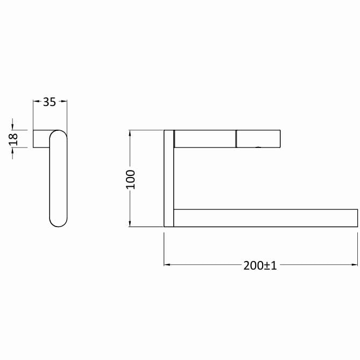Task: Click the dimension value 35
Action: point(50,102)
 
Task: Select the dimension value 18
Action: point(14,139)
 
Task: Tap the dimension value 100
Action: point(131,179)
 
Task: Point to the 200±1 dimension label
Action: point(260,265)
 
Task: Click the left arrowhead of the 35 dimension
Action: point(36,101)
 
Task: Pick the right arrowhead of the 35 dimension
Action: point(65,101)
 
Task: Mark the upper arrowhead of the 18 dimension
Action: point(13,127)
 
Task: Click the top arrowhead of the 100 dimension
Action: point(130,133)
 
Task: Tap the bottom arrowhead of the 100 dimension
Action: point(130,224)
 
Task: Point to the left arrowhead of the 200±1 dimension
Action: point(167,264)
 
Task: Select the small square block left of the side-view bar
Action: point(41,139)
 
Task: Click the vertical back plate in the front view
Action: point(168,178)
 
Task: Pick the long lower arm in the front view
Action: point(265,218)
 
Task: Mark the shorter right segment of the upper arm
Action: point(258,138)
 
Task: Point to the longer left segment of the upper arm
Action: point(204,138)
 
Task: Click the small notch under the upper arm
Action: point(259,147)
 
